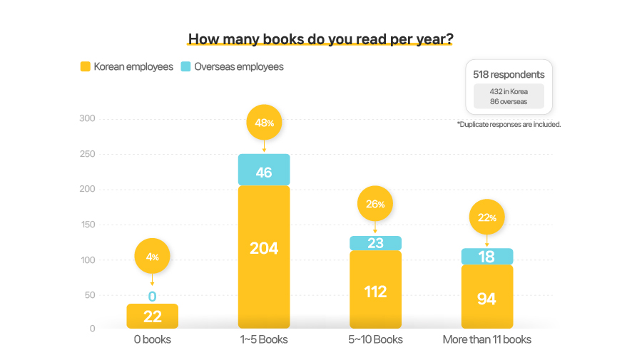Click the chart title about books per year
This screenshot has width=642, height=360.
tap(320, 38)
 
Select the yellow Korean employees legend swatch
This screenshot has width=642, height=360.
tap(85, 67)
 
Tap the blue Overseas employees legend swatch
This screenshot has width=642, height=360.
tap(185, 67)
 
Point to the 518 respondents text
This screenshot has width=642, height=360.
tap(509, 74)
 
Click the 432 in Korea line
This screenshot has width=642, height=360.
tap(509, 91)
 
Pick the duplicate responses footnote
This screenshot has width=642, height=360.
tap(509, 124)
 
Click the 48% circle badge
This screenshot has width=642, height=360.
tap(264, 123)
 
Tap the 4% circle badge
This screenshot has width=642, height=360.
tap(152, 257)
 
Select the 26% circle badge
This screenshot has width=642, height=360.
tap(375, 204)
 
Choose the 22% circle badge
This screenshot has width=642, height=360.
tap(486, 217)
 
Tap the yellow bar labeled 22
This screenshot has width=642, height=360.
tap(152, 316)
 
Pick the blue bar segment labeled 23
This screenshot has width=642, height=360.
tap(375, 243)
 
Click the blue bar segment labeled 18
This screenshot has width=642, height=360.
tap(486, 257)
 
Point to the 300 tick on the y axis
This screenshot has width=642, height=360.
tap(87, 118)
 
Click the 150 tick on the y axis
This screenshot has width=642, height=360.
tap(87, 225)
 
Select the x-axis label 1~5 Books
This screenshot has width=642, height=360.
tap(264, 339)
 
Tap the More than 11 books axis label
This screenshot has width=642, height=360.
tap(486, 339)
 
